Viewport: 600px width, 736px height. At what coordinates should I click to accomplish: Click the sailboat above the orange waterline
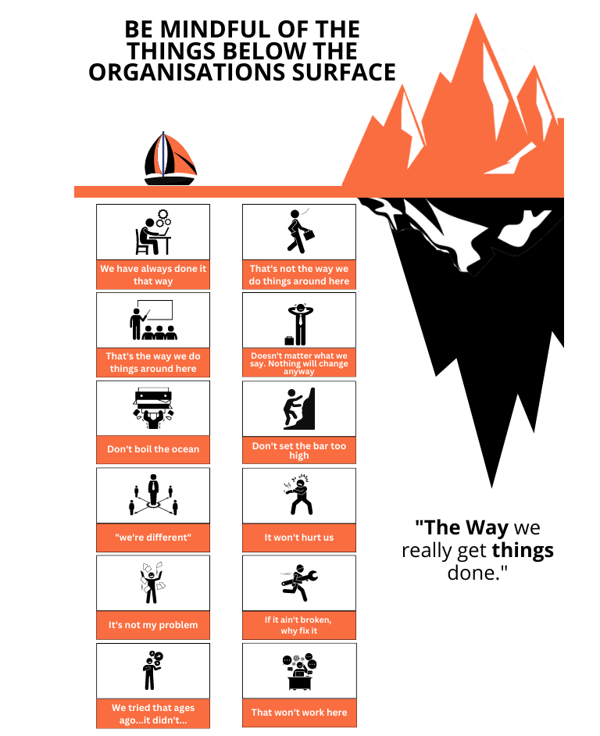169,159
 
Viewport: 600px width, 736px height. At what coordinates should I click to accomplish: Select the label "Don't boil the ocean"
153,449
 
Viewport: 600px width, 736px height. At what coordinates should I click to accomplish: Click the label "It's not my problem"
153,625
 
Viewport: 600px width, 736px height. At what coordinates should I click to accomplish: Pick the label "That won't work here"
299,713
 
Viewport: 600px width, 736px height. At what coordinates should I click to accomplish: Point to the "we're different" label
153,538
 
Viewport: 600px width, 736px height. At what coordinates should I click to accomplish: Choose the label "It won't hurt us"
299,538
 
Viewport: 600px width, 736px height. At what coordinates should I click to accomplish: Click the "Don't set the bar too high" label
299,450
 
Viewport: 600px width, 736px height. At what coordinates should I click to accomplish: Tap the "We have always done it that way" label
153,274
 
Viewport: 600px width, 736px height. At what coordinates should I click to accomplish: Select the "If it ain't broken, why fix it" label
299,625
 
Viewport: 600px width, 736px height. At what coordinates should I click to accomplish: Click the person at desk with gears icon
153,231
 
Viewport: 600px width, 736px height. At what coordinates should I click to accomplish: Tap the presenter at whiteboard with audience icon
153,320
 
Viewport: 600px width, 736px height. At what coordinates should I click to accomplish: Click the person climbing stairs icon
299,409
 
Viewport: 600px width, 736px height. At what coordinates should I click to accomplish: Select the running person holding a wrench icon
299,583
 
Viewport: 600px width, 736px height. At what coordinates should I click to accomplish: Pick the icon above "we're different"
153,495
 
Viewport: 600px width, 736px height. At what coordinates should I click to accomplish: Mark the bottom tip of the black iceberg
491,486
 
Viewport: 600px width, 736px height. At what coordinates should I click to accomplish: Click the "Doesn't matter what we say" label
299,363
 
